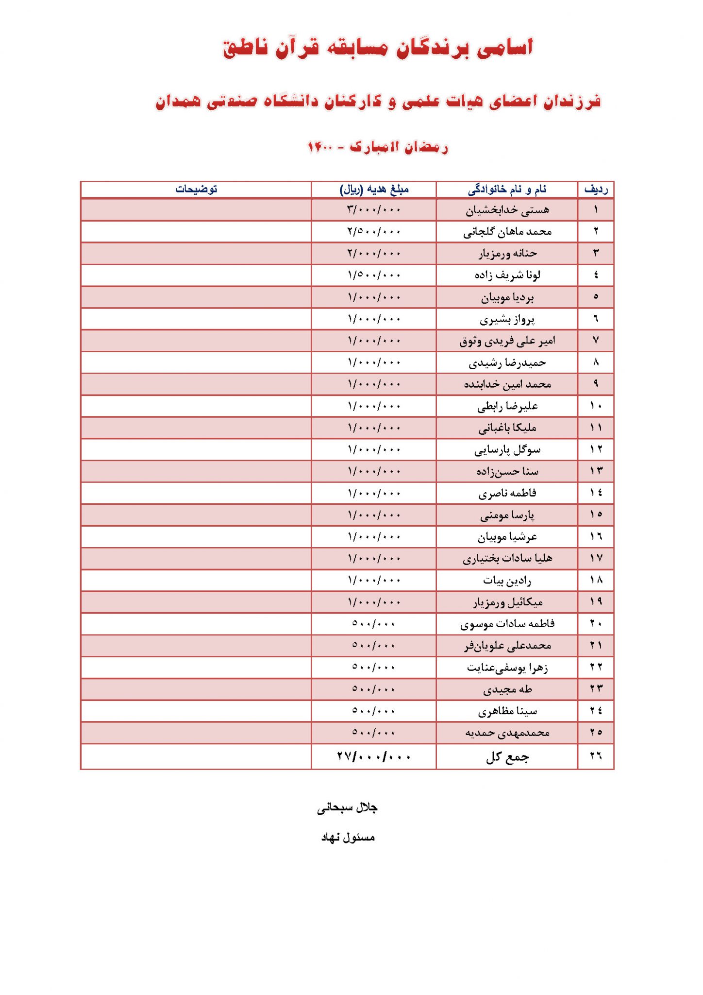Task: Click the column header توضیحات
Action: click(x=196, y=189)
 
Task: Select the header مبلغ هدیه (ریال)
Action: click(x=374, y=189)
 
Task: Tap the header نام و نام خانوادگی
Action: click(x=507, y=189)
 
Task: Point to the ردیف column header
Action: click(x=596, y=189)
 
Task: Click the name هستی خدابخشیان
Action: click(x=507, y=210)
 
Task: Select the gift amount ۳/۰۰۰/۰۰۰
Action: click(x=374, y=210)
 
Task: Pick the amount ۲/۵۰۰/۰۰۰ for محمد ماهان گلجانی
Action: click(x=374, y=232)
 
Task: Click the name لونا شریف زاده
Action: click(x=507, y=275)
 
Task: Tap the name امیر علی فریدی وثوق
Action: click(x=507, y=341)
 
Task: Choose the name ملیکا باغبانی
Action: click(x=507, y=428)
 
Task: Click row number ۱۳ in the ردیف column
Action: click(x=596, y=471)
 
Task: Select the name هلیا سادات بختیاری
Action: click(x=507, y=558)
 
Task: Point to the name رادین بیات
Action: click(x=507, y=580)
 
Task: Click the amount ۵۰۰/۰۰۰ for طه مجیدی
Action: click(x=374, y=689)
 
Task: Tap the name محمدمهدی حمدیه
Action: click(x=507, y=732)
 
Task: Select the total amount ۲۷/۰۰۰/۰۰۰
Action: click(x=374, y=756)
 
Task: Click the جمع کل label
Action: click(x=507, y=757)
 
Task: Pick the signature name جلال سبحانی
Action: click(x=347, y=807)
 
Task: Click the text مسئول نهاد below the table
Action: click(x=348, y=837)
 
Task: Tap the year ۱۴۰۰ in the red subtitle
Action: click(x=320, y=147)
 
